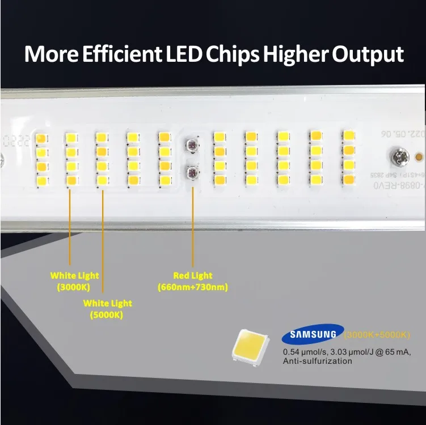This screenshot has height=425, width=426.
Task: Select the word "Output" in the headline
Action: tap(367, 55)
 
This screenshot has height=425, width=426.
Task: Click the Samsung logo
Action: tap(313, 334)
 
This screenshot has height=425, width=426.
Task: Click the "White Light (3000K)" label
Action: tap(74, 281)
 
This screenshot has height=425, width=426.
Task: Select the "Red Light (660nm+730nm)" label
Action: tap(193, 281)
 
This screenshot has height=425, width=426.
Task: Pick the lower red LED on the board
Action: tap(192, 171)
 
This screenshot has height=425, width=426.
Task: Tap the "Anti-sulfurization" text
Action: tap(318, 361)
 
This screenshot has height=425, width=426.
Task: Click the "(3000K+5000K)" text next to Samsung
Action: tap(377, 334)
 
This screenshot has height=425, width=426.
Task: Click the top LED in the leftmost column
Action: tap(41, 138)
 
